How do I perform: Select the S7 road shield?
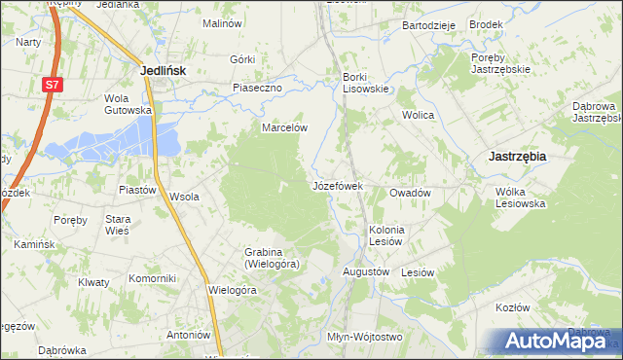pos(52,87)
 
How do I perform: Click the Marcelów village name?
pos(284,127)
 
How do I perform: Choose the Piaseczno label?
pos(257,88)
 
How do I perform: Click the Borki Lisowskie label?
pos(365,83)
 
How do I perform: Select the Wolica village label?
pos(419,115)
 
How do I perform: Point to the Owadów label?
pos(410,193)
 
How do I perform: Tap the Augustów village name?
pos(365,271)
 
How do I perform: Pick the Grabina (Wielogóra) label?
pos(272,258)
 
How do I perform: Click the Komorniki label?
pos(152,277)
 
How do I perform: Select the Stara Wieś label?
pos(118,225)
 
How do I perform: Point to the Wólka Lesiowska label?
pos(520,198)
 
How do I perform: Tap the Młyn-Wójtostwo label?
pos(364,337)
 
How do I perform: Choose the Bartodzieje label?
pos(428,25)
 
